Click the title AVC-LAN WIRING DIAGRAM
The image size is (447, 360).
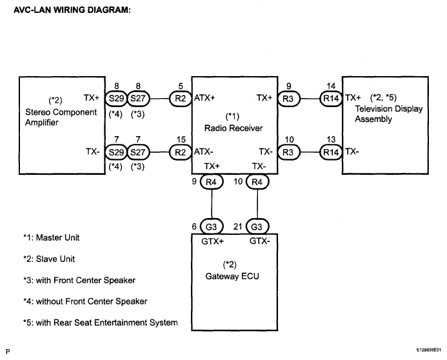coord(72,10)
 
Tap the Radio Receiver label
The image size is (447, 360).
coord(233,128)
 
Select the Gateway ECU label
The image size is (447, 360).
coord(232,276)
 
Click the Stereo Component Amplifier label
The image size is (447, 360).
coord(61,117)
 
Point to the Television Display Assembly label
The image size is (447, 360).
coord(388,114)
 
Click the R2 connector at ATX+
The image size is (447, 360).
coord(181,99)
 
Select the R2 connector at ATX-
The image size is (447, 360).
coord(181,152)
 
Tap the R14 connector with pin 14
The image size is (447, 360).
coord(331,99)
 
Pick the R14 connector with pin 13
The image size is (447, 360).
coord(331,152)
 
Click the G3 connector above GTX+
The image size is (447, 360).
coord(212,227)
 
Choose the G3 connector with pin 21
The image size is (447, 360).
coord(257,227)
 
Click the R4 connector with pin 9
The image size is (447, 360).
coord(212,182)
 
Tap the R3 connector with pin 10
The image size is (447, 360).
coord(288,152)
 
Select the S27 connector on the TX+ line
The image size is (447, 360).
coord(138,99)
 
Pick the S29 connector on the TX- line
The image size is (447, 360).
coord(116,152)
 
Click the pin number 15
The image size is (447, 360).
coord(181,139)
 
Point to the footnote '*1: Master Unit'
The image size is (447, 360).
coord(52,237)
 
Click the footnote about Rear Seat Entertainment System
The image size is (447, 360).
coord(101,323)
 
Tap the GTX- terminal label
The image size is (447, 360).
coord(260,241)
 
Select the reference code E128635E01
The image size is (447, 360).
coord(429,350)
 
